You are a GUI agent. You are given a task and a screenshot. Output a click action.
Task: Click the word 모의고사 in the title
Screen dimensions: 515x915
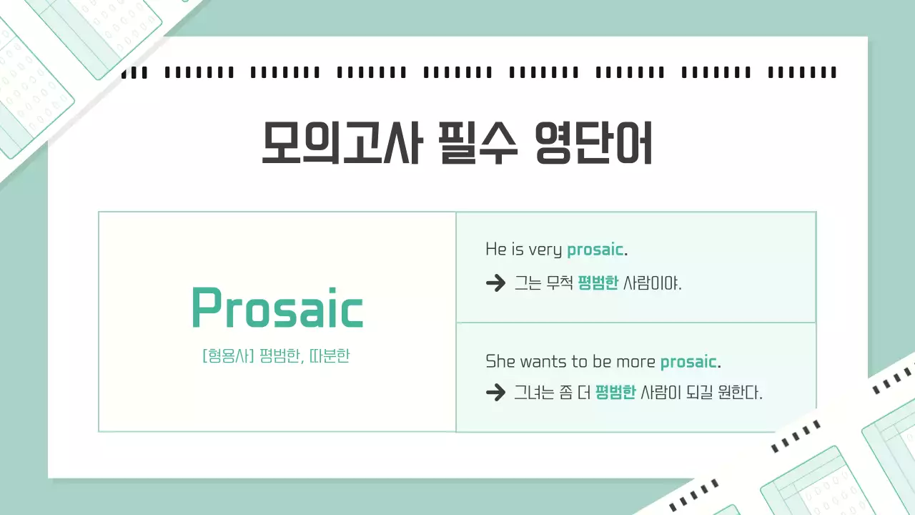point(340,143)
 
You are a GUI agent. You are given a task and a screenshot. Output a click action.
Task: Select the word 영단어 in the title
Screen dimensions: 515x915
point(594,143)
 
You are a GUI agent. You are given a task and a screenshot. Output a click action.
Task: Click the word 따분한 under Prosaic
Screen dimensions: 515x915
point(330,356)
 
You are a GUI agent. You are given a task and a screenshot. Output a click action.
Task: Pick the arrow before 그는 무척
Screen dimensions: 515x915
point(495,284)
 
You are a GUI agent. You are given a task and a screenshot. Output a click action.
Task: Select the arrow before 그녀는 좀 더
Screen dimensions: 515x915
point(495,392)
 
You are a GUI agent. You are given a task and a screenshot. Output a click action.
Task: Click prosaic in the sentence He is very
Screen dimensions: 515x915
point(595,250)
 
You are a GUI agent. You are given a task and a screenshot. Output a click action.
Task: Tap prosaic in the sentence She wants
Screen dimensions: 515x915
point(688,361)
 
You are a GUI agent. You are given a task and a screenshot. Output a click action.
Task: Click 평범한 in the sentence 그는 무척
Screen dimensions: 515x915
point(598,284)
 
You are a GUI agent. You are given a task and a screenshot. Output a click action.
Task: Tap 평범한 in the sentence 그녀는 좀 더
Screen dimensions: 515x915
point(615,392)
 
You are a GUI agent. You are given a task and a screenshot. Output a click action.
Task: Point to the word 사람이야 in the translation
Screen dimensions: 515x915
point(652,284)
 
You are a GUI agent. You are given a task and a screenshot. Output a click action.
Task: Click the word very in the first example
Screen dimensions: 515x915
point(545,250)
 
